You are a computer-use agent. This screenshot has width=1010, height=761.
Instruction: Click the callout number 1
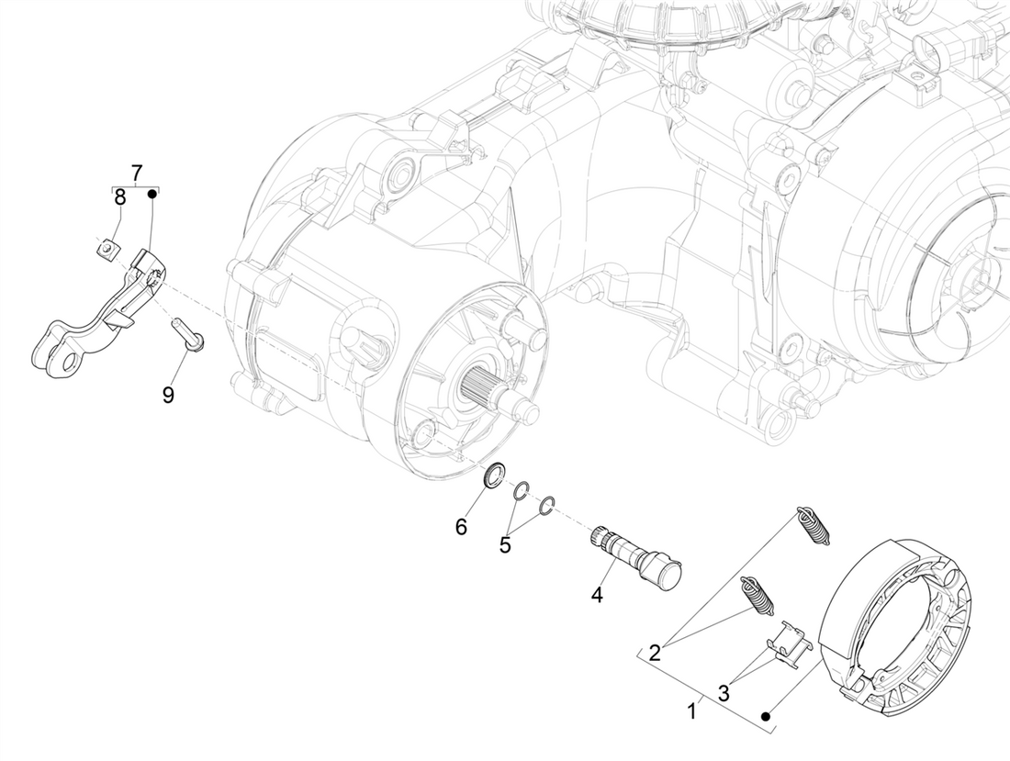693,710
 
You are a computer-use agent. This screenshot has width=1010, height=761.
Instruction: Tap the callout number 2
655,654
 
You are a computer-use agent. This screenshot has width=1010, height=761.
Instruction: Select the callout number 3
724,693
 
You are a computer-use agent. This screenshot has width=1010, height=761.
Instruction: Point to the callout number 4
597,596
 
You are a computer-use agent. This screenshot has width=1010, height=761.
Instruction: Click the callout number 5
505,544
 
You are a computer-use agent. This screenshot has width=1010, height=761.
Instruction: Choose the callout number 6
461,526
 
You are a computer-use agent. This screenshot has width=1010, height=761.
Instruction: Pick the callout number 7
136,172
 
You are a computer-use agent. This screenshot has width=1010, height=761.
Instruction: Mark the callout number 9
168,394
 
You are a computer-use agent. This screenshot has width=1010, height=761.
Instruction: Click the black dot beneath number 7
154,193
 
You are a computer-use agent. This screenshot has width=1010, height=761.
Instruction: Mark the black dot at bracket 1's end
765,716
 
